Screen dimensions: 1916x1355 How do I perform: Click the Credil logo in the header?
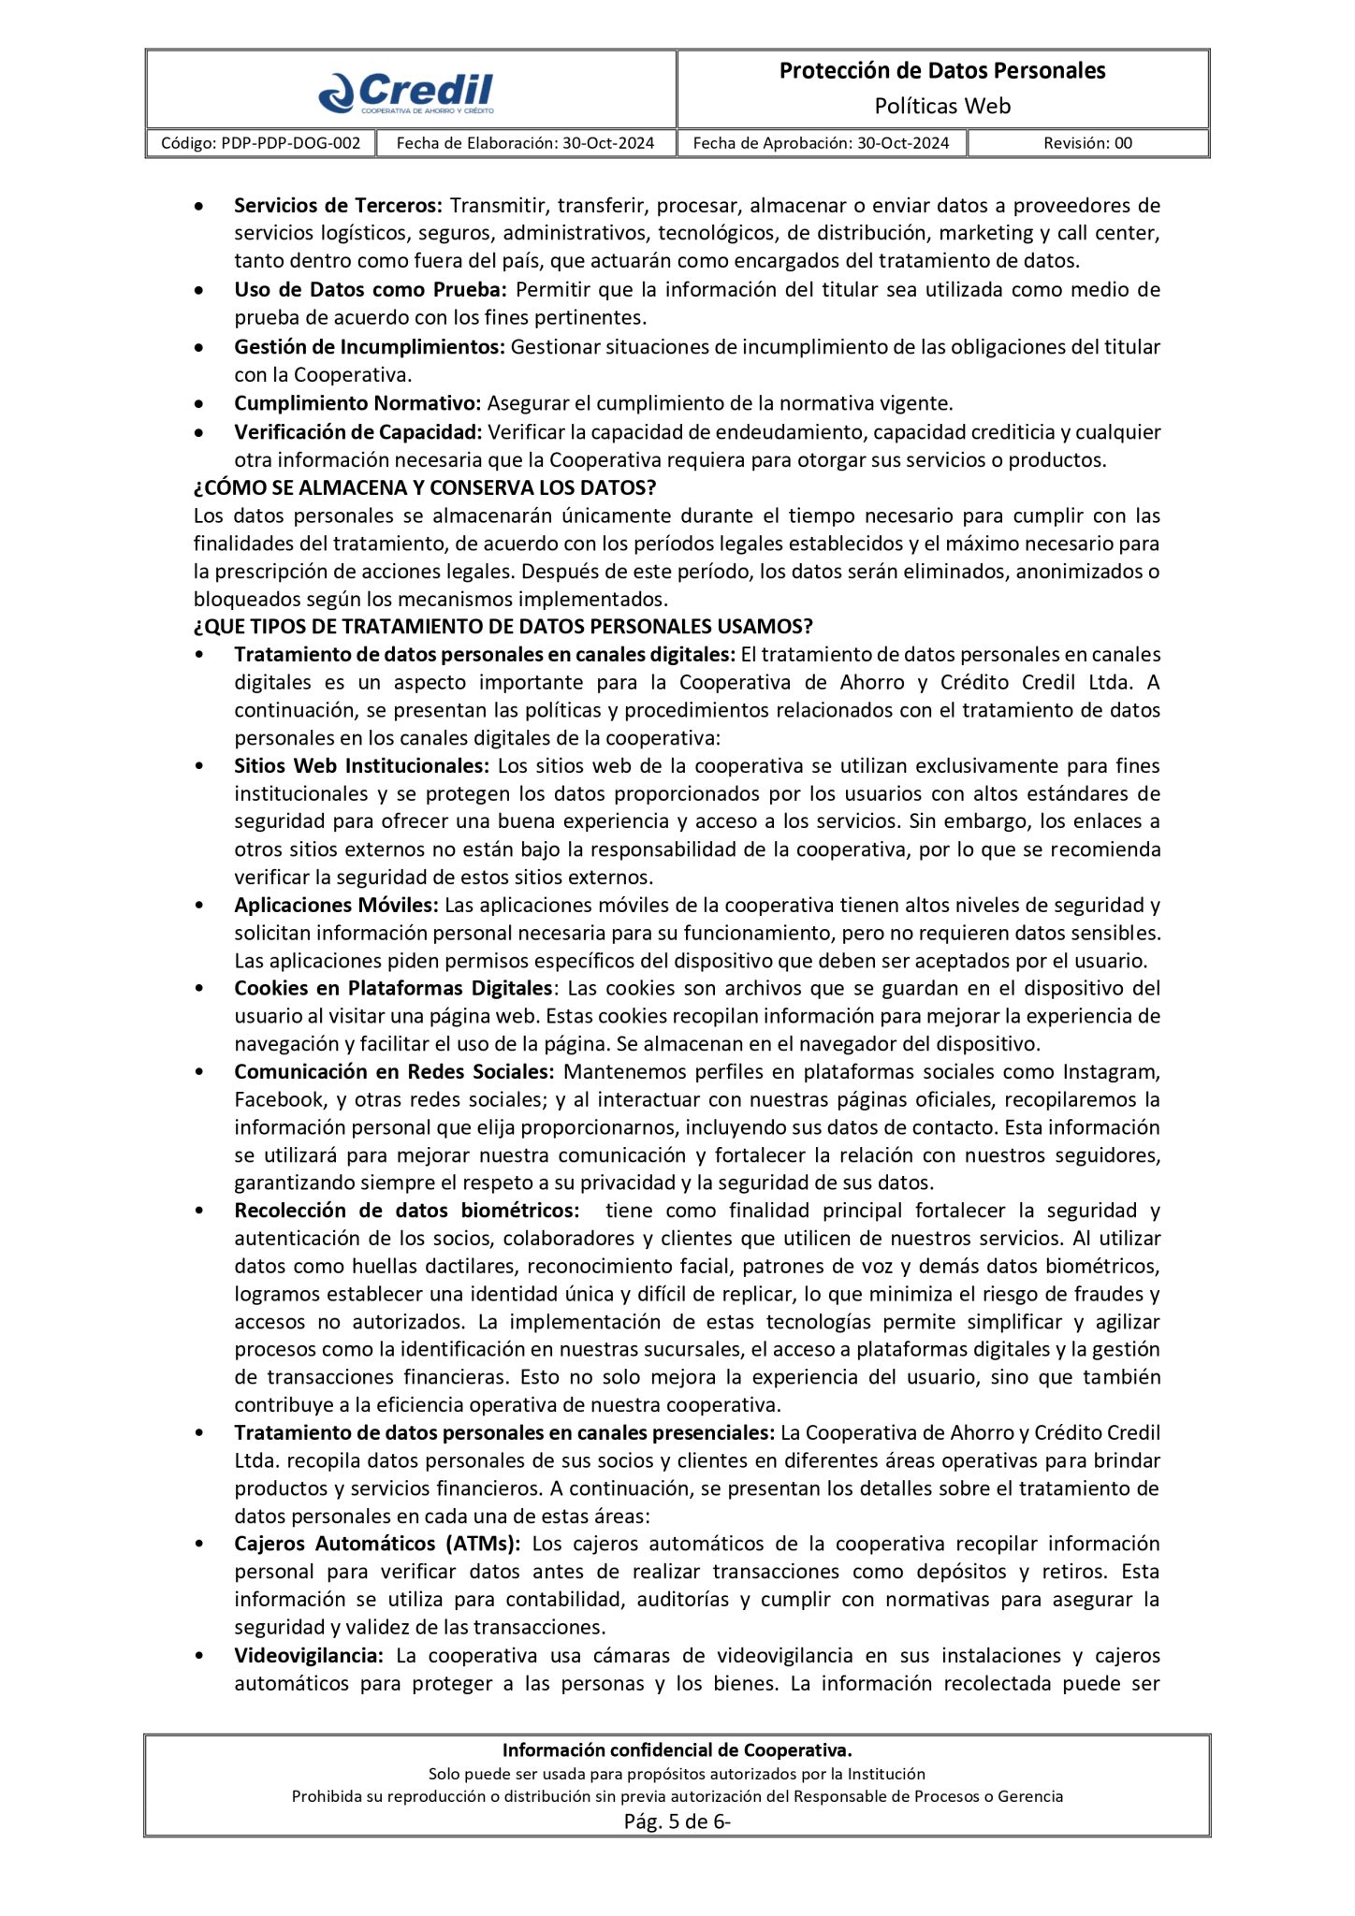406,92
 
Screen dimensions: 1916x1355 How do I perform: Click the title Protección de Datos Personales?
942,71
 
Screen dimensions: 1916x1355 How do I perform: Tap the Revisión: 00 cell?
1087,143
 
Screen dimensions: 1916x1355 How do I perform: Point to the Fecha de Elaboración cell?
525,143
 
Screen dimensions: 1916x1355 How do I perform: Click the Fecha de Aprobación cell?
821,143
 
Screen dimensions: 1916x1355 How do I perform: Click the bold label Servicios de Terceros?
338,205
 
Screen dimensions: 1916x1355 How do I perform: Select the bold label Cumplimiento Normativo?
357,403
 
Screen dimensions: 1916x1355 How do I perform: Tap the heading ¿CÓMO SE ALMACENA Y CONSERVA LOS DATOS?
425,487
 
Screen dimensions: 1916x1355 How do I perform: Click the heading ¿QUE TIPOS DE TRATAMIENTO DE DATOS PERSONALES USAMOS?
503,626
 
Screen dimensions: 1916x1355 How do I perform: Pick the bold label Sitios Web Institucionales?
361,765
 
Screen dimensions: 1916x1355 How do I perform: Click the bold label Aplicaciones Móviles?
336,905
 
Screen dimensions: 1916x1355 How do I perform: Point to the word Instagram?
1111,1071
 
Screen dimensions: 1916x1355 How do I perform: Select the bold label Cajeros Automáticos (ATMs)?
377,1544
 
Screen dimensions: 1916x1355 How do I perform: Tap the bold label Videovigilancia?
309,1655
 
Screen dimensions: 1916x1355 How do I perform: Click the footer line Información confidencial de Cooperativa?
677,1749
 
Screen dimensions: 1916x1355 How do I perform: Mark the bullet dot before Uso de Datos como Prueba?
199,292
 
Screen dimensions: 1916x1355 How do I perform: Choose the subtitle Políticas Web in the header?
942,106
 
